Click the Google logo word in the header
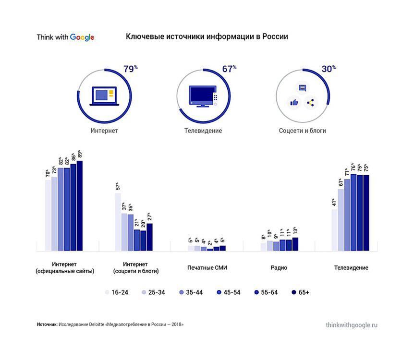coord(82,37)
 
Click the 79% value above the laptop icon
coord(130,69)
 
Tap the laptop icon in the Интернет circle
coord(104,96)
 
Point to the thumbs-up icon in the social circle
coord(293,102)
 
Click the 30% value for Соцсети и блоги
coord(329,69)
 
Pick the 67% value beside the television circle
coord(229,69)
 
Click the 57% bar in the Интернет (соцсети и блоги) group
coord(118,222)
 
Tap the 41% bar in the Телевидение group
coord(335,230)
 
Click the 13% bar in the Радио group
coord(295,244)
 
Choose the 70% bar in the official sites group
coord(48,215)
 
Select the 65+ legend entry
coord(300,292)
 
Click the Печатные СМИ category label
coord(207,268)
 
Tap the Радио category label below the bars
coord(279,268)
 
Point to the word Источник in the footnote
coord(47,324)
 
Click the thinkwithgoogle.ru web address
coord(351,325)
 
